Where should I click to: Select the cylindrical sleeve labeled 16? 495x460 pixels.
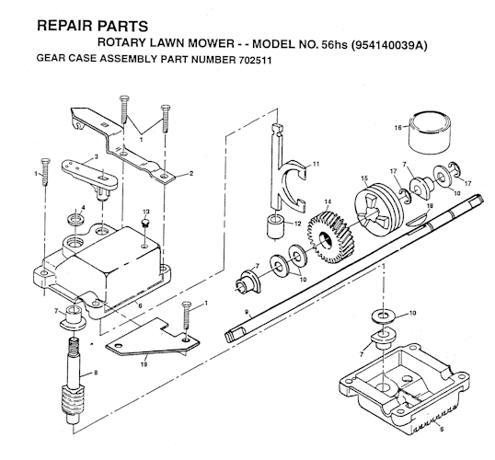[x=430, y=132]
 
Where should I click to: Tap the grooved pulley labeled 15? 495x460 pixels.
[x=378, y=212]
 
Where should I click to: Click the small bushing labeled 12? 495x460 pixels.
[x=275, y=226]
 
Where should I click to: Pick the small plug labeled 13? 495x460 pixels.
[x=145, y=223]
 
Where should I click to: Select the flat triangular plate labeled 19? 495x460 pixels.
[x=153, y=338]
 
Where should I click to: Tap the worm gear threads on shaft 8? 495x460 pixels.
[x=74, y=400]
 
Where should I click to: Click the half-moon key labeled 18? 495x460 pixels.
[x=416, y=219]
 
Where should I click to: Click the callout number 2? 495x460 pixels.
[x=191, y=173]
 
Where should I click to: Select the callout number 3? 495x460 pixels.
[x=96, y=156]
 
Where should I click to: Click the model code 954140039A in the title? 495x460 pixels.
[x=389, y=45]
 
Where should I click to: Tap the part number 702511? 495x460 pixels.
[x=254, y=61]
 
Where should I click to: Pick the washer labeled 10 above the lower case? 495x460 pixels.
[x=383, y=316]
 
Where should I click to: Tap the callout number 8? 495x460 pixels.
[x=96, y=373]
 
